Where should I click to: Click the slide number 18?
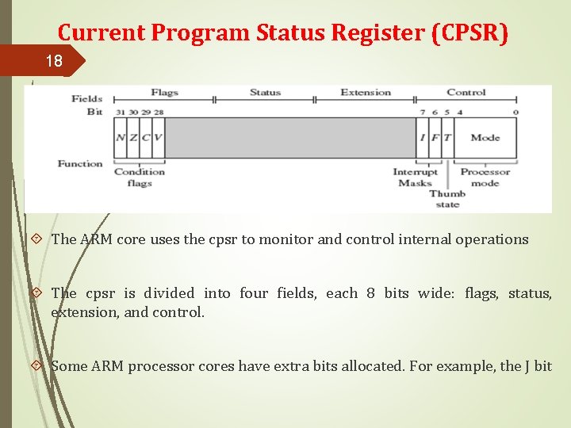click(x=53, y=61)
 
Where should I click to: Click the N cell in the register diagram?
click(x=121, y=138)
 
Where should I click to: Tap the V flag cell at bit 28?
click(x=158, y=138)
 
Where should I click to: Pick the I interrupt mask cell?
click(x=423, y=138)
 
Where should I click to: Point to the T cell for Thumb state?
click(x=446, y=138)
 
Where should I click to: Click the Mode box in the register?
click(x=485, y=138)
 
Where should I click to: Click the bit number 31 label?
click(x=120, y=112)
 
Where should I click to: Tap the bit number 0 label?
click(x=515, y=112)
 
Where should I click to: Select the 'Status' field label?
click(x=265, y=93)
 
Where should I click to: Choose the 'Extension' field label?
click(x=366, y=93)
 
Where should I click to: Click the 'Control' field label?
click(x=466, y=93)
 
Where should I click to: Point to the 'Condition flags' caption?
click(x=140, y=178)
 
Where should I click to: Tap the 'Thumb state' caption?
click(x=447, y=199)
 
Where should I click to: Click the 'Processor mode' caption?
click(x=485, y=178)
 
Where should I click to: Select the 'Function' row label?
click(x=80, y=164)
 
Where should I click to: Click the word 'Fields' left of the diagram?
click(x=86, y=99)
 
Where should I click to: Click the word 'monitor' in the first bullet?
click(x=288, y=239)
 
